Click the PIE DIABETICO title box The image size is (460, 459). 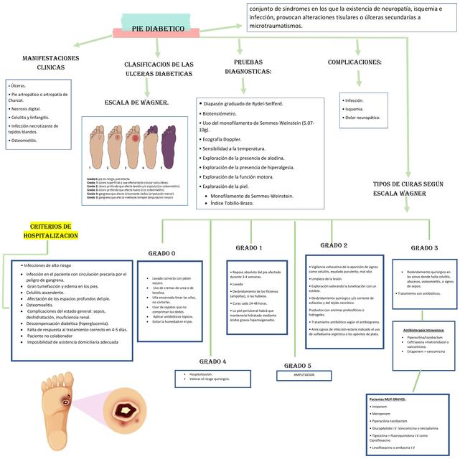pyautogui.click(x=158, y=29)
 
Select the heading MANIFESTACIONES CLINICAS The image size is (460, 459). pyautogui.click(x=50, y=62)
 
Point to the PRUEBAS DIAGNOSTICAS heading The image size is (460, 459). pyautogui.click(x=248, y=67)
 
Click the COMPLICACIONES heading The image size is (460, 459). pyautogui.click(x=355, y=62)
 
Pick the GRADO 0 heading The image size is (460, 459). pyautogui.click(x=162, y=253)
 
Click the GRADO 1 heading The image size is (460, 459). pyautogui.click(x=249, y=247)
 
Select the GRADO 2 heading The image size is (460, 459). pyautogui.click(x=334, y=245)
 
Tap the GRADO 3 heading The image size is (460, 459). pyautogui.click(x=424, y=247)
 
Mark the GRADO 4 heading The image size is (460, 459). pyautogui.click(x=212, y=361)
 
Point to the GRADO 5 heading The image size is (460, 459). pyautogui.click(x=298, y=366)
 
